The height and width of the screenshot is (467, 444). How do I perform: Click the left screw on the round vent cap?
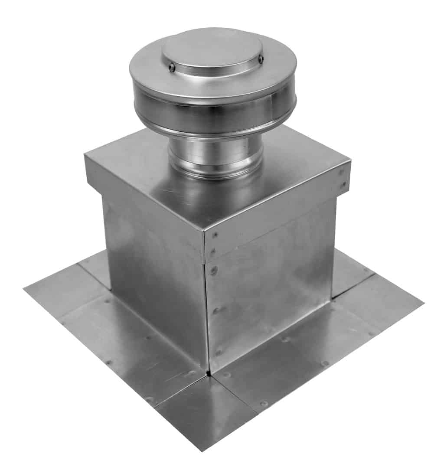point(172,67)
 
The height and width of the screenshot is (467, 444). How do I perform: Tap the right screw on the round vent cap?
point(261,59)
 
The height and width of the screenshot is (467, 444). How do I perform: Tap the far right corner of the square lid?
point(349,163)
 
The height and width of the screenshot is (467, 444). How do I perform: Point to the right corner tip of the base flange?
point(423,302)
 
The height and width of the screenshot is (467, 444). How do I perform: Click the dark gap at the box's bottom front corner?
point(209,372)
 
